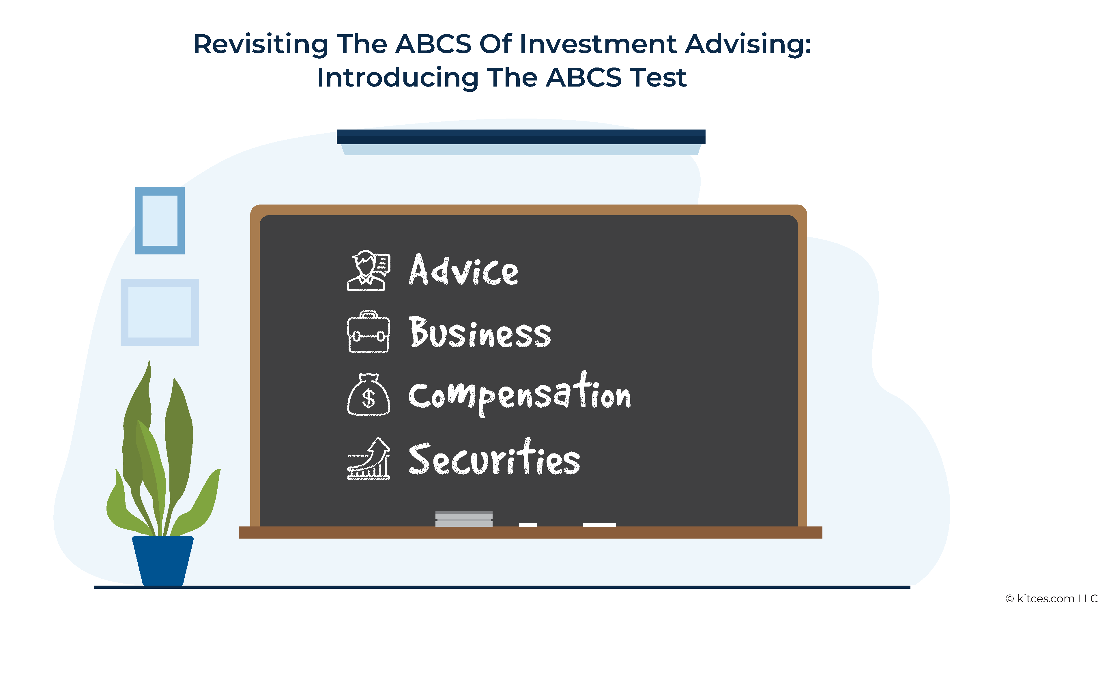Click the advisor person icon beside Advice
(x=369, y=270)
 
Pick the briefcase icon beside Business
(x=369, y=332)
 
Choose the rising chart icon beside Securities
(x=369, y=458)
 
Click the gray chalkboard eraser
(x=464, y=518)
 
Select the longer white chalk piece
(x=599, y=525)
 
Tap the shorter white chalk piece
(x=528, y=525)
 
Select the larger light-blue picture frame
(x=124, y=312)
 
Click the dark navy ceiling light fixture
(x=521, y=137)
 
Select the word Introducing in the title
(x=398, y=78)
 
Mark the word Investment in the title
(x=598, y=44)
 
